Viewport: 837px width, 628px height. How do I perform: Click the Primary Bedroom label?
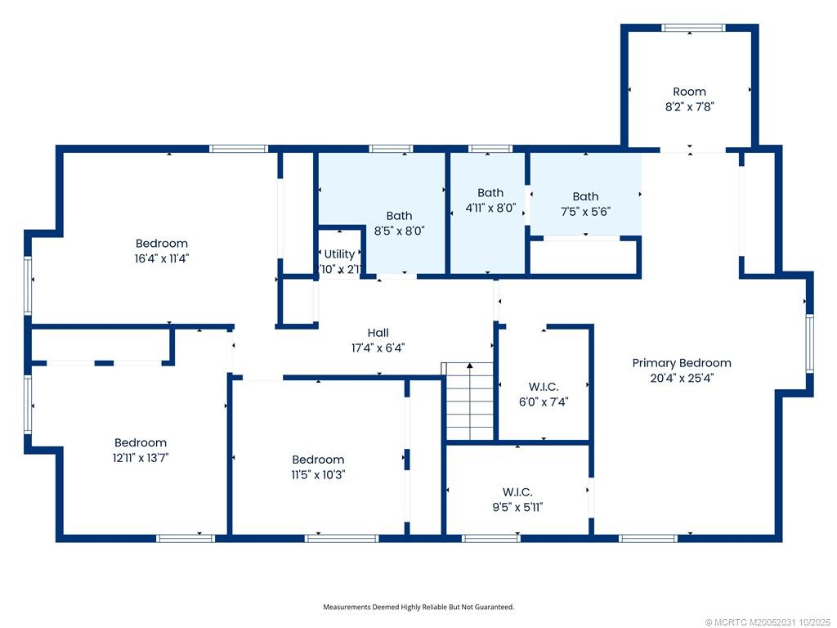682,363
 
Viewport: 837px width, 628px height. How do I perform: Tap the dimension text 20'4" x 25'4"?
682,378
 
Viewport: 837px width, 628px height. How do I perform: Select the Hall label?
378,333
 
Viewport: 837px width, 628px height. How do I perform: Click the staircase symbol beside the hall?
469,401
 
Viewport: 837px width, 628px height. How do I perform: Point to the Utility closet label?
339,254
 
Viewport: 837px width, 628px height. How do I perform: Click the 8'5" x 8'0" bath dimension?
399,231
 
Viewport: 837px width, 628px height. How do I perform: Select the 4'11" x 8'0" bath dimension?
490,208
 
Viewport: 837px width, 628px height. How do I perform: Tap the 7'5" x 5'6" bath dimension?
585,211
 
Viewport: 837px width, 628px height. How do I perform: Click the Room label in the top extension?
689,92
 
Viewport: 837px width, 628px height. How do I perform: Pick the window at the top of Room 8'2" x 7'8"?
693,28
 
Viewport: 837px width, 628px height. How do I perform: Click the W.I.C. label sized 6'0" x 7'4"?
543,387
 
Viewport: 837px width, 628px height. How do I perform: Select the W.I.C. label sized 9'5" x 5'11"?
517,492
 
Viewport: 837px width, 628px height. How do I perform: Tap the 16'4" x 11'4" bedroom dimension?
161,258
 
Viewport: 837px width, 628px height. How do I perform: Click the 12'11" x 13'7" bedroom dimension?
140,457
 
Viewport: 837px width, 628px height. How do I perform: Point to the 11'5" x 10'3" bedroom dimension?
318,474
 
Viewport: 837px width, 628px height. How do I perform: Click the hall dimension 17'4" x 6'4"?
378,348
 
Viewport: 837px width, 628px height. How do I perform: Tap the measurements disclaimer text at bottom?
418,607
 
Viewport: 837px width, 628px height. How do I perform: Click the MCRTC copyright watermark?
768,621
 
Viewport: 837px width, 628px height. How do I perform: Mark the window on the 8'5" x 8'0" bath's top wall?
391,149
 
